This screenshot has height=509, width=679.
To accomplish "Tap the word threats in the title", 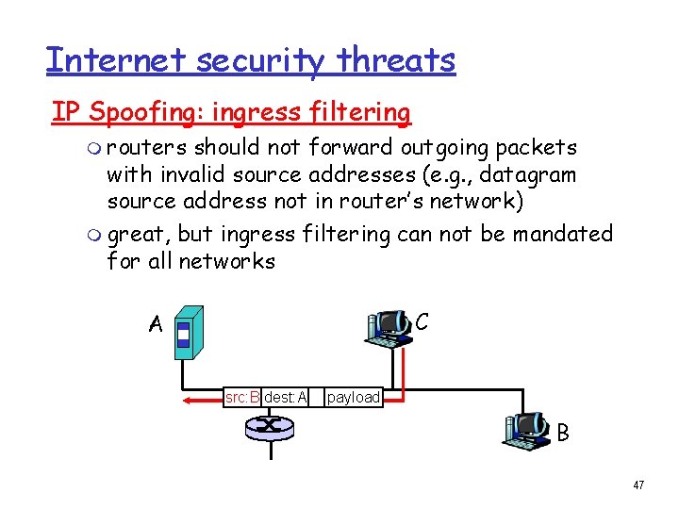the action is pyautogui.click(x=398, y=60).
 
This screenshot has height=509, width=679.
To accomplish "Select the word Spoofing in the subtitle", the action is pyautogui.click(x=146, y=112).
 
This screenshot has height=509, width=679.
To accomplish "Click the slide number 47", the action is pyautogui.click(x=638, y=484).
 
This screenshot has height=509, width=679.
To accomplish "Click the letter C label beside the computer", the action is pyautogui.click(x=422, y=321).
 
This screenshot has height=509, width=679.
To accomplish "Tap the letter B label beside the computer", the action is pyautogui.click(x=562, y=433).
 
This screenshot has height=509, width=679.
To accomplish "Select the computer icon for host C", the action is pyautogui.click(x=389, y=327).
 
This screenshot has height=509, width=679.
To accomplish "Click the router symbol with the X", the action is pyautogui.click(x=270, y=427).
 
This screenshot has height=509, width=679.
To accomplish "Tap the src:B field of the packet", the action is pyautogui.click(x=242, y=397).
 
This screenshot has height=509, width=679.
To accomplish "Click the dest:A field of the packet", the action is pyautogui.click(x=286, y=397).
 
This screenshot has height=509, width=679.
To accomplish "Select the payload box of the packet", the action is pyautogui.click(x=353, y=397).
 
